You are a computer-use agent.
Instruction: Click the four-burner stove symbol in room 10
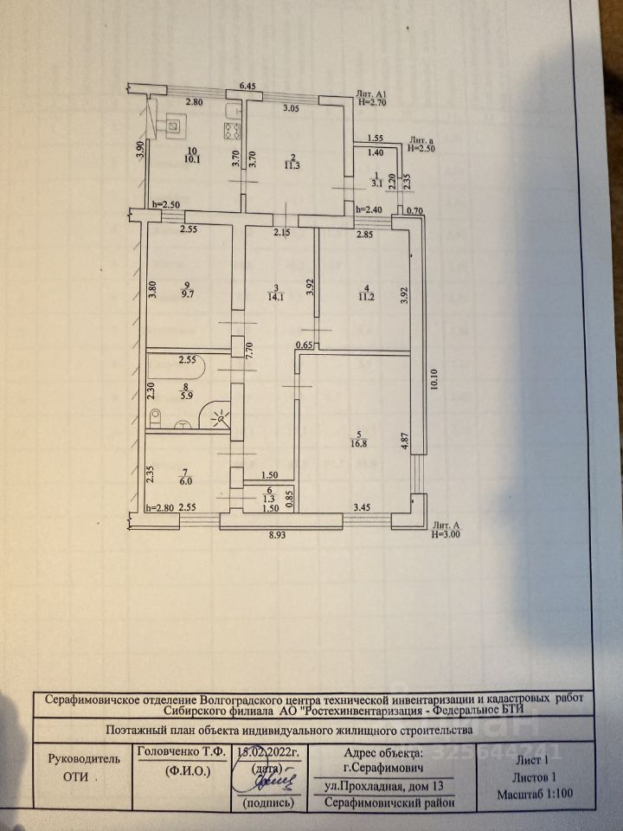coord(232,132)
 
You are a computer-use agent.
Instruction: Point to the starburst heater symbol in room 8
coord(220,418)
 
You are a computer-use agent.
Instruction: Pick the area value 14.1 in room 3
coord(274,300)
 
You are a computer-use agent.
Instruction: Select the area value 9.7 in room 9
coord(188,294)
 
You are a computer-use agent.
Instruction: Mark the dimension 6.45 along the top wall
coord(247,86)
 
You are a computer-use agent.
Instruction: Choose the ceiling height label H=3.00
coord(447,536)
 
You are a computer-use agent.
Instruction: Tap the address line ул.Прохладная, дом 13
coord(387,787)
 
